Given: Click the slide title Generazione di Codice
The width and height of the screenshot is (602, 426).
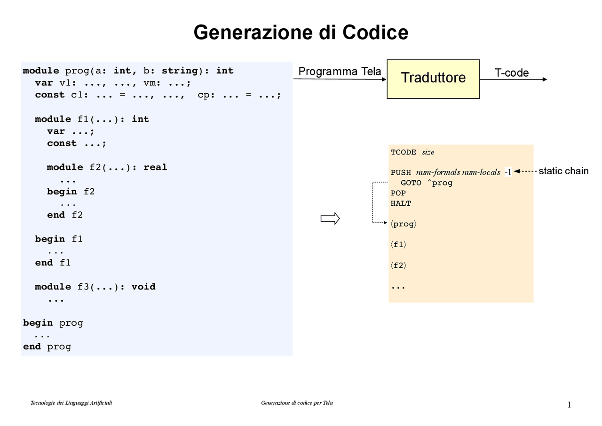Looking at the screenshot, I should (301, 32).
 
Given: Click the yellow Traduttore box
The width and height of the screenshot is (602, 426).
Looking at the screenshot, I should (433, 79).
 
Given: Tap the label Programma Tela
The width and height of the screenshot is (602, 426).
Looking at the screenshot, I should (340, 72).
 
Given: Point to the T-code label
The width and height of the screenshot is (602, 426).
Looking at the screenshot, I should (511, 73).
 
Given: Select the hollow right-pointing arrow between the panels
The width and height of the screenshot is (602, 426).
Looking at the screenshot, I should (330, 218).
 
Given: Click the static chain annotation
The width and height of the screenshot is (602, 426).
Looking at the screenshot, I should (563, 171).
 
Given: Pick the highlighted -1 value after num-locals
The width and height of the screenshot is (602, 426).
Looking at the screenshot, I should (507, 172).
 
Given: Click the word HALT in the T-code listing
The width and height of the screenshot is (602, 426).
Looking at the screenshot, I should (401, 203).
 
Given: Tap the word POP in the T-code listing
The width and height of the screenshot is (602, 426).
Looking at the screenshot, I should (398, 193).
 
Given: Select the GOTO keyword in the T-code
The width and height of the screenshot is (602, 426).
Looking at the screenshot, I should (411, 183).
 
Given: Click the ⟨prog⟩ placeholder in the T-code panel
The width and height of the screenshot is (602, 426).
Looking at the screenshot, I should (403, 224).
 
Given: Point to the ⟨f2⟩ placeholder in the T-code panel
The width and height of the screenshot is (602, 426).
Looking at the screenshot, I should (398, 265).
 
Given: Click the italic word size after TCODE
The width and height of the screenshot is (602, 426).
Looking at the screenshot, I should (428, 152).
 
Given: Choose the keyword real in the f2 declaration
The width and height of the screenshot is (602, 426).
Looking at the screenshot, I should (155, 167).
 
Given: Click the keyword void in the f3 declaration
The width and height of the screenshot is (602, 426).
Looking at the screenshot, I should (143, 287).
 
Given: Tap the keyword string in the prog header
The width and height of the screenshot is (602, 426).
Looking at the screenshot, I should (180, 71).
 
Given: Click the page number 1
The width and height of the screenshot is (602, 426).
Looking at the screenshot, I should (569, 405).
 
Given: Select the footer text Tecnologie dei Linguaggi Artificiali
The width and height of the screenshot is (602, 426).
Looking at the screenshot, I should (71, 403).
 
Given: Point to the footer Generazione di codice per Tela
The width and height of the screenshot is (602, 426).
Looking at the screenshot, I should (297, 403).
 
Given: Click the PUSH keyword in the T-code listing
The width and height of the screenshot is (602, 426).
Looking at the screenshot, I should (401, 172).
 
